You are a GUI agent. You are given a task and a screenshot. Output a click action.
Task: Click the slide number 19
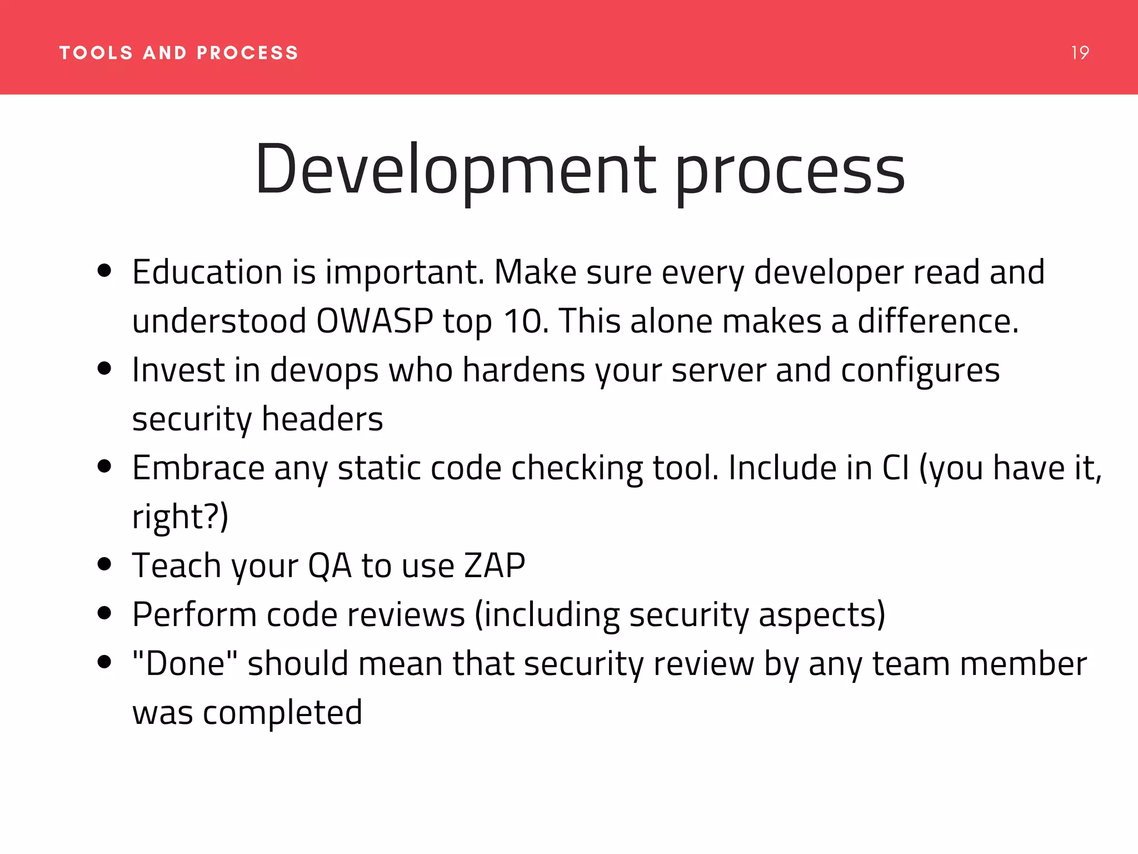click(x=1080, y=53)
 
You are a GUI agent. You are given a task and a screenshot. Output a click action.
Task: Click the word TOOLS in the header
click(x=96, y=53)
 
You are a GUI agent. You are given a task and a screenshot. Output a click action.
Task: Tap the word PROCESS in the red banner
click(x=248, y=53)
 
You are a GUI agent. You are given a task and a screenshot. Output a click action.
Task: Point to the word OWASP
click(x=375, y=321)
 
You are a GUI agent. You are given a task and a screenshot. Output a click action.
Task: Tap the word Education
click(x=207, y=272)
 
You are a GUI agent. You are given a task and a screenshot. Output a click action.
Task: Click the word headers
click(x=322, y=419)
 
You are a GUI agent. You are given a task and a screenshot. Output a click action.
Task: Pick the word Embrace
click(x=198, y=468)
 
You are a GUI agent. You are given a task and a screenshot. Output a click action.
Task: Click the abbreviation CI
click(x=896, y=468)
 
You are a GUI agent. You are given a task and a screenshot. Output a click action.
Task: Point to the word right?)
click(x=180, y=517)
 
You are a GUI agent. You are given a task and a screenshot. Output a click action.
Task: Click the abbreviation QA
click(x=330, y=566)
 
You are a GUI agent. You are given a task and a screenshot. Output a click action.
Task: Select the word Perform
click(x=194, y=615)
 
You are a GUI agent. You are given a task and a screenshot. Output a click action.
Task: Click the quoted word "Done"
click(x=185, y=663)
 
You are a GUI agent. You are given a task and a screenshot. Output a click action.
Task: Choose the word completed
click(x=282, y=713)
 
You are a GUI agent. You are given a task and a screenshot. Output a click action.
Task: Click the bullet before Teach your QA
click(x=104, y=564)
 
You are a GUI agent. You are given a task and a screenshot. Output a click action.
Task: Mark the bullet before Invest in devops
click(x=104, y=368)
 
